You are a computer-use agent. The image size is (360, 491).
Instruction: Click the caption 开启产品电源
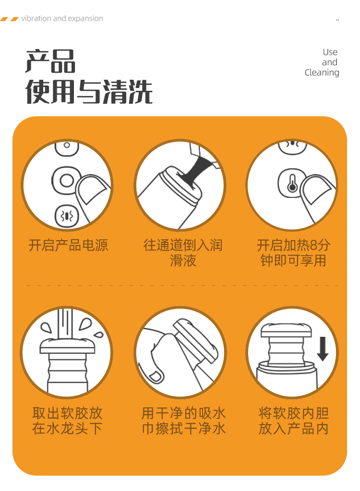coord(68,245)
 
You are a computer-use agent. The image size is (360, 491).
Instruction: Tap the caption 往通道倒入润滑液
coord(183,253)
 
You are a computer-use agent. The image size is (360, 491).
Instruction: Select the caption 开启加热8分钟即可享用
coord(293,253)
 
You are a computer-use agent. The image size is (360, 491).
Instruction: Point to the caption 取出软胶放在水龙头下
coord(67,420)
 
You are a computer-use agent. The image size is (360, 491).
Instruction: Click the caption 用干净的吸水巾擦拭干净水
coord(183,420)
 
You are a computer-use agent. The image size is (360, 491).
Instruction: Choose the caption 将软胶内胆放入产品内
coord(293,420)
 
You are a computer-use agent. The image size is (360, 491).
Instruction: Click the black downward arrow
coord(323,349)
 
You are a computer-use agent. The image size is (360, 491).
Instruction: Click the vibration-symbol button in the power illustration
coord(66,216)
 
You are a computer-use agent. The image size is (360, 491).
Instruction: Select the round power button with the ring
coord(66,180)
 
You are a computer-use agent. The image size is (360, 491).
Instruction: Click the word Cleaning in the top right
coord(322,73)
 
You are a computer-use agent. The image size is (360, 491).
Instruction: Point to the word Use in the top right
coord(330,52)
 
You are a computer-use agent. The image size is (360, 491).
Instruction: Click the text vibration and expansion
coord(62,18)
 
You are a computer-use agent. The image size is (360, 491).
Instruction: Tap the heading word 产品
coord(50,61)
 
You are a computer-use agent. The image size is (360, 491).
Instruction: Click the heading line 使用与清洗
coord(89,91)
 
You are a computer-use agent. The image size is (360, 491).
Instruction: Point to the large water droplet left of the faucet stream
coord(47,328)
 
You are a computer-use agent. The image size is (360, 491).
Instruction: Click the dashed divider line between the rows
coord(182,285)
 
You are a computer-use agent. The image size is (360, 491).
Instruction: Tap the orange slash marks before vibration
coord(10,19)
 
